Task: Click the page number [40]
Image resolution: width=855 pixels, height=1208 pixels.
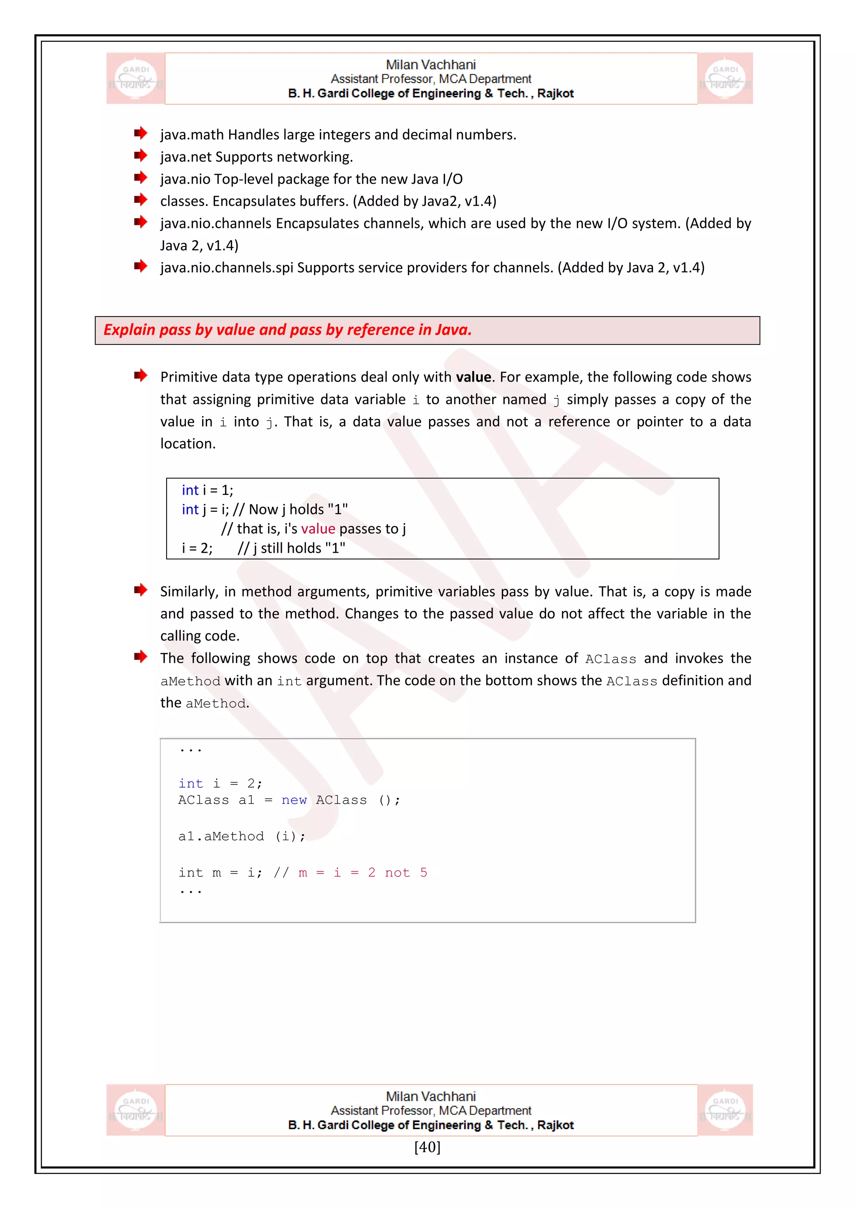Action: pyautogui.click(x=427, y=1147)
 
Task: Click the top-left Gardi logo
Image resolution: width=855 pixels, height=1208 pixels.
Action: pyautogui.click(x=136, y=78)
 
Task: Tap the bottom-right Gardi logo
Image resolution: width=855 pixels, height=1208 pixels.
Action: pyautogui.click(x=725, y=1110)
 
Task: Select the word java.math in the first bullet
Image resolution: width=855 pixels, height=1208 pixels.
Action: pyautogui.click(x=192, y=135)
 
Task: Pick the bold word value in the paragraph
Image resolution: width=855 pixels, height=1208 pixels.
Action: pyautogui.click(x=473, y=377)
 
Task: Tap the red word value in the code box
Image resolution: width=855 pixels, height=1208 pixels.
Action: pyautogui.click(x=318, y=529)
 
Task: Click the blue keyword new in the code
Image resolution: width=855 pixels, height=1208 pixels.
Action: pyautogui.click(x=294, y=800)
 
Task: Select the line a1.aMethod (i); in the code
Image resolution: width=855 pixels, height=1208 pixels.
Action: pyautogui.click(x=242, y=837)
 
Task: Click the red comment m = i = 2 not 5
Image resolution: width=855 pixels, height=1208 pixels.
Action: pyautogui.click(x=363, y=873)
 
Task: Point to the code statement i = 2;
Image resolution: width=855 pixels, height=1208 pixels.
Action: pyautogui.click(x=197, y=548)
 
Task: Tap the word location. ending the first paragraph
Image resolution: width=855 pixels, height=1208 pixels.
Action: pyautogui.click(x=188, y=444)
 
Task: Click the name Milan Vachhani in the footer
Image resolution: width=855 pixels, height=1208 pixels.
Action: pyautogui.click(x=431, y=1097)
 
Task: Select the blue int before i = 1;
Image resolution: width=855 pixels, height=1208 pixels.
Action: pyautogui.click(x=190, y=491)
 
